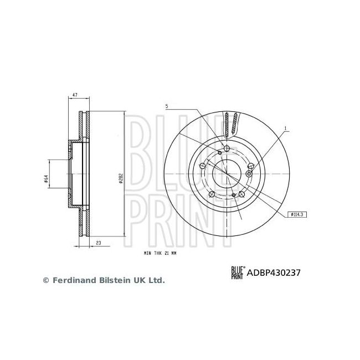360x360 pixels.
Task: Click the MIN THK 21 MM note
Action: coord(160,252)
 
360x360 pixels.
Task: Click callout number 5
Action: coord(166,106)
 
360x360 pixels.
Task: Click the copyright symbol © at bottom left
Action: coord(46,281)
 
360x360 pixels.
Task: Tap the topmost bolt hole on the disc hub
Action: coord(227,148)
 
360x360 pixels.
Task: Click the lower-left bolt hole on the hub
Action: coord(212,194)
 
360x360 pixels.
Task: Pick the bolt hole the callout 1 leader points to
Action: coord(249,173)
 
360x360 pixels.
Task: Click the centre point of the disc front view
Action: coord(227,174)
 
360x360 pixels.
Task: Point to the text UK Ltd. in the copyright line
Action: coord(151,281)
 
